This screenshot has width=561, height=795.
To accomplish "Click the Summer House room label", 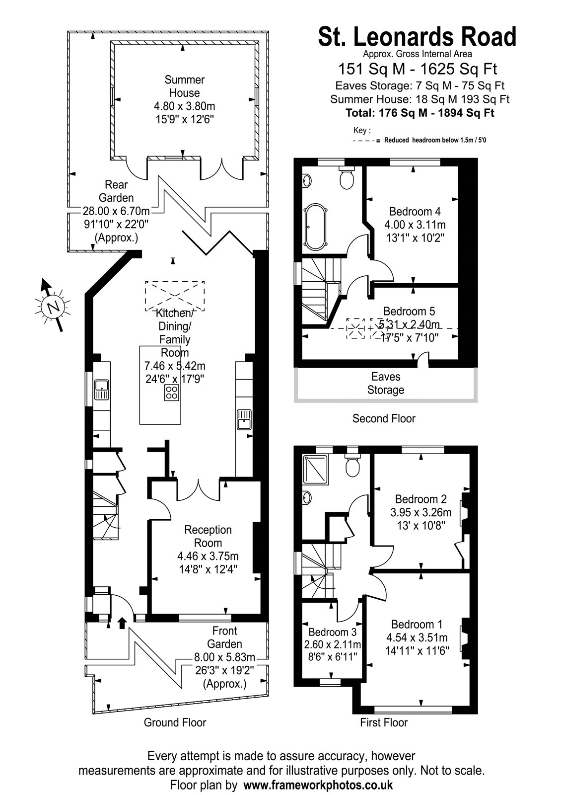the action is tap(184, 86).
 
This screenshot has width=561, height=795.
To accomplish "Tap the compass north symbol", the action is tap(53, 306).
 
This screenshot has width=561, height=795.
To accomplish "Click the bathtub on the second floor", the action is tap(315, 227).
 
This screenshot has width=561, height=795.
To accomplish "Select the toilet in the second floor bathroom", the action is tap(347, 178).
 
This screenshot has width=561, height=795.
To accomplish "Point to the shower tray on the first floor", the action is tap(316, 470).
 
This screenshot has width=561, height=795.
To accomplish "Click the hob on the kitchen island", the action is tap(172, 393).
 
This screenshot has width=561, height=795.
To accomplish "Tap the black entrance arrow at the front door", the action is tap(122, 623).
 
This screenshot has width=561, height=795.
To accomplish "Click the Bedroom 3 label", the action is tap(332, 632).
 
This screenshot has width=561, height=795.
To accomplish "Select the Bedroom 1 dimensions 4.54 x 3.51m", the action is tap(417, 637).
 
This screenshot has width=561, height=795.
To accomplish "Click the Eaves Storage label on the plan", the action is tap(385, 383).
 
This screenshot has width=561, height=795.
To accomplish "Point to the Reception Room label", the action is tap(208, 536).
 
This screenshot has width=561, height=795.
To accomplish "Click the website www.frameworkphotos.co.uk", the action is tap(318, 785).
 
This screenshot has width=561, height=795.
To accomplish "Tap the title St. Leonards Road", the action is tap(417, 37).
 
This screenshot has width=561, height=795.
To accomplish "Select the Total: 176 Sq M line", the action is tap(420, 113).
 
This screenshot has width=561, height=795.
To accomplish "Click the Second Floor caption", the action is tap(384, 418).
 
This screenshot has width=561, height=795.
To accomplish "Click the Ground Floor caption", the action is tap(175, 722).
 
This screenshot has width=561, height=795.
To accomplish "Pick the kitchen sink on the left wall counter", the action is tap(102, 390).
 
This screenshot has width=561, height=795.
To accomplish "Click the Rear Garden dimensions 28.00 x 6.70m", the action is tap(116, 211).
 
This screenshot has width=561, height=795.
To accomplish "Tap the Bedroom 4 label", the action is tap(415, 212).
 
